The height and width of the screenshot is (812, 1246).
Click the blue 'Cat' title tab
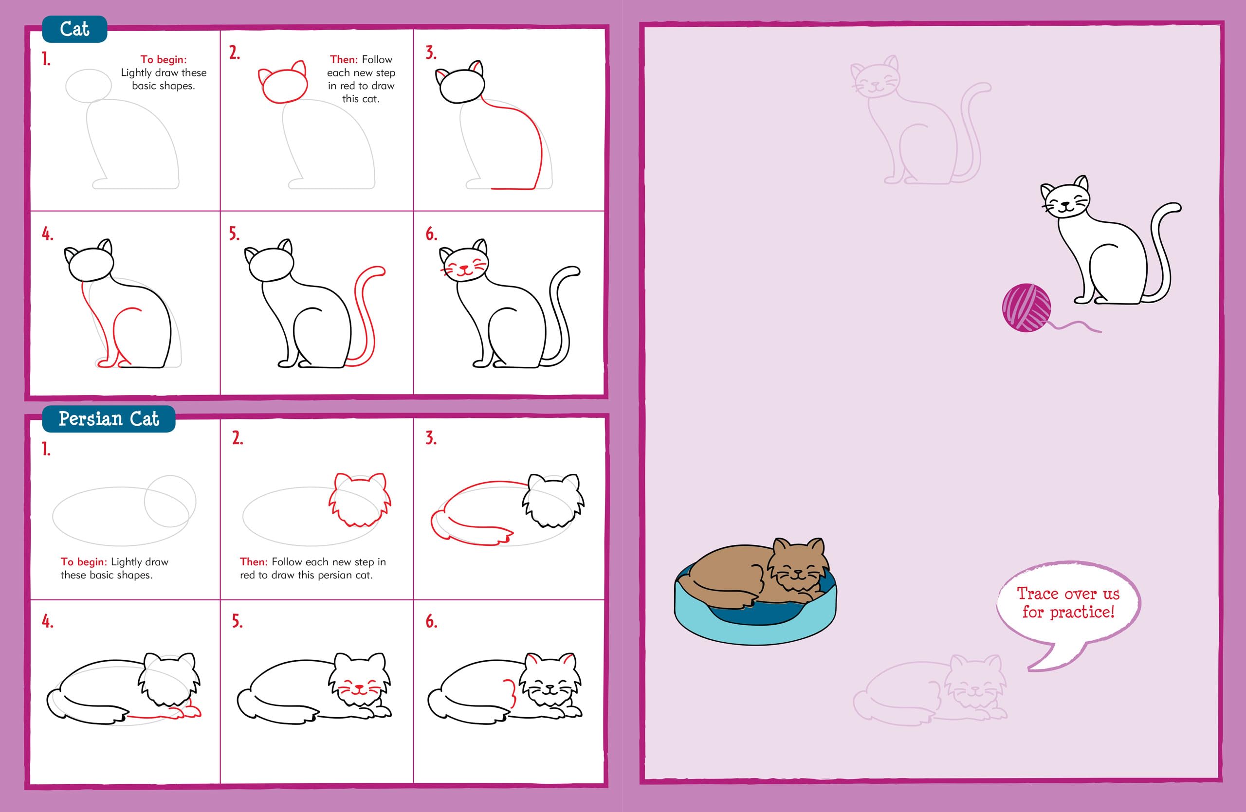(74, 29)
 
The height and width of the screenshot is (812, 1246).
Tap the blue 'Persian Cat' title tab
(109, 419)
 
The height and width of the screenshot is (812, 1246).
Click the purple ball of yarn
(1026, 307)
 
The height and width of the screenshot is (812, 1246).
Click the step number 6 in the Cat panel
(431, 234)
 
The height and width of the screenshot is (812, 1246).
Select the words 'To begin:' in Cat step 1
(164, 60)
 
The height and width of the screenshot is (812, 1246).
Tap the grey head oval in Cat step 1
(89, 86)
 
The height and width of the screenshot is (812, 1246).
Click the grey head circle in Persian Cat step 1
(170, 501)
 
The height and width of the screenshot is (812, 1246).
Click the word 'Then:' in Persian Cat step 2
(254, 562)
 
